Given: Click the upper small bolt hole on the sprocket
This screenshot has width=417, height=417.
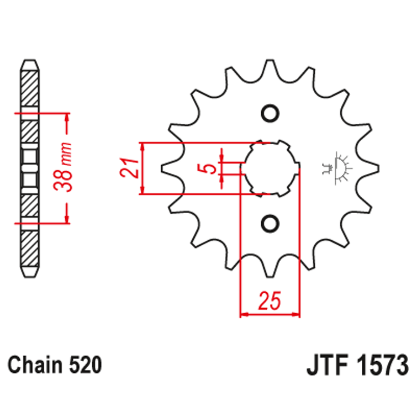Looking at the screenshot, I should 270,113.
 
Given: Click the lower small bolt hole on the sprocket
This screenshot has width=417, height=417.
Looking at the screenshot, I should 270,223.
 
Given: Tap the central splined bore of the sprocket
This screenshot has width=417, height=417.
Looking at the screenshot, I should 270,168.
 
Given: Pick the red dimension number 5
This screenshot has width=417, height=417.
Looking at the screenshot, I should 210,168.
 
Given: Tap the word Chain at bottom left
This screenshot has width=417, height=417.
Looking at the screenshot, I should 36,365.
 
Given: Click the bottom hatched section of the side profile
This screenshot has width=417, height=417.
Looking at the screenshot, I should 31,248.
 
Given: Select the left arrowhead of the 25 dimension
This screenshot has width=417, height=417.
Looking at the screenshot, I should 243,315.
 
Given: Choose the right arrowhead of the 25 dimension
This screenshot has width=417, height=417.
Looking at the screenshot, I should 296,315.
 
